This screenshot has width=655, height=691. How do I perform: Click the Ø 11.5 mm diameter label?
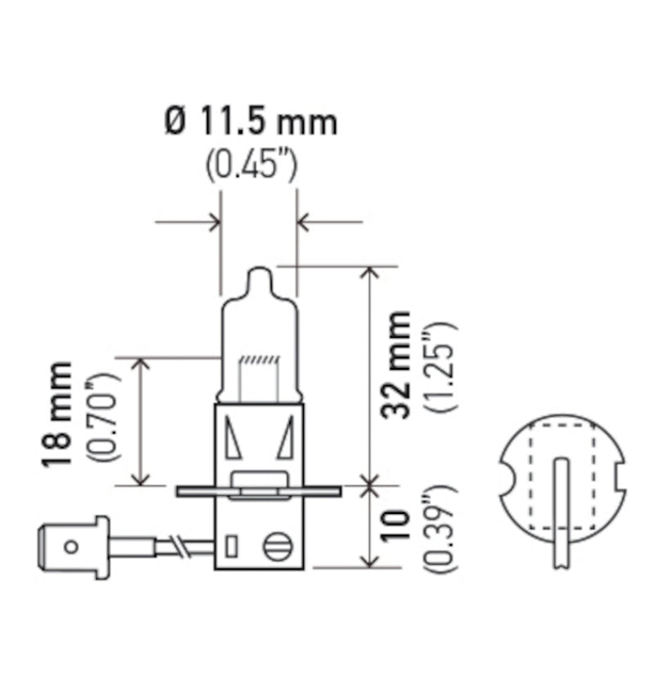click(251, 122)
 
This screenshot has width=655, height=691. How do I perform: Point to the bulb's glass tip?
click(258, 275)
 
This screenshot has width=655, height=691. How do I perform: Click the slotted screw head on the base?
click(276, 547)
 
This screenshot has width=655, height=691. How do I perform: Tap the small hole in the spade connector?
click(72, 546)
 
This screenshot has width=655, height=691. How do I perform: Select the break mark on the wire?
click(178, 546)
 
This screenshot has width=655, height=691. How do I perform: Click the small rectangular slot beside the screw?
click(231, 545)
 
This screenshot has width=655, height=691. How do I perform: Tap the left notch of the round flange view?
click(505, 477)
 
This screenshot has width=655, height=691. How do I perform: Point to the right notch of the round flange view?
click(619, 477)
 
